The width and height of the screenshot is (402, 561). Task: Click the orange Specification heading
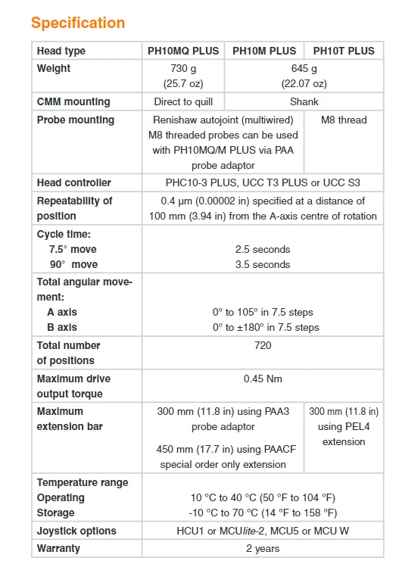pos(78,23)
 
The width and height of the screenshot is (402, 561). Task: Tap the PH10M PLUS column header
pos(263,51)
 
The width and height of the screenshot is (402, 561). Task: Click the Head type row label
pos(61,51)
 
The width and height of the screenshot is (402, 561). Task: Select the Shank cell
pos(304,101)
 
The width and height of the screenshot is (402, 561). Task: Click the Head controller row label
pos(74,182)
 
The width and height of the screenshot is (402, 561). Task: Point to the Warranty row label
pos(58,548)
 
